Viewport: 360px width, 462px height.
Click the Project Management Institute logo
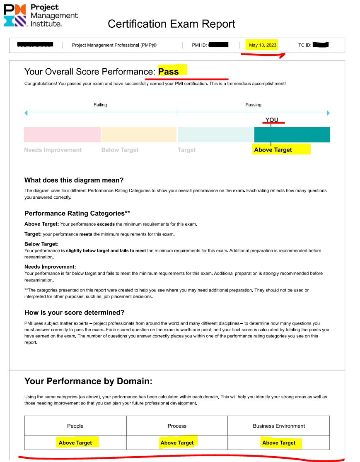click(x=40, y=15)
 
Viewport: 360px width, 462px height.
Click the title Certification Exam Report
click(x=171, y=24)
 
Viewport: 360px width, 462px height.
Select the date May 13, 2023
click(x=263, y=45)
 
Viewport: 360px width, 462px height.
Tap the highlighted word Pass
click(x=169, y=72)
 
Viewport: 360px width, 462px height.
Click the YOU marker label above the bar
click(x=272, y=120)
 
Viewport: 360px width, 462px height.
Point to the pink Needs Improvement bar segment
click(x=62, y=135)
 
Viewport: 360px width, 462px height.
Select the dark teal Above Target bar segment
click(x=292, y=135)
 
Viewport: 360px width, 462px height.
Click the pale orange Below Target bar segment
click(x=139, y=135)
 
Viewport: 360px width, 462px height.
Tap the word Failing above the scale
click(x=100, y=105)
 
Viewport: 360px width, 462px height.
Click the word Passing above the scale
click(x=253, y=105)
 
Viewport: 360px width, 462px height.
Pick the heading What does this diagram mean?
click(x=74, y=180)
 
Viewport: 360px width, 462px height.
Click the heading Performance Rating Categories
click(x=77, y=213)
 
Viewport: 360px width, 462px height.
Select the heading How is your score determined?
click(x=74, y=313)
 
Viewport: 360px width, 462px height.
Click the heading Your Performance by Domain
click(x=88, y=381)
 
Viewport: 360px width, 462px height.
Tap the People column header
click(x=75, y=426)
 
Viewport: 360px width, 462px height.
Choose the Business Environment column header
click(x=279, y=426)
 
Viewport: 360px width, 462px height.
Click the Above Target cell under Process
click(x=177, y=443)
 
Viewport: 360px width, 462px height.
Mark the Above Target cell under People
click(x=75, y=443)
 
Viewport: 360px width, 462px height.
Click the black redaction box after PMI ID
click(x=218, y=45)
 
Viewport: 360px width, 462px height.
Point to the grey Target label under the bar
click(x=186, y=150)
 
